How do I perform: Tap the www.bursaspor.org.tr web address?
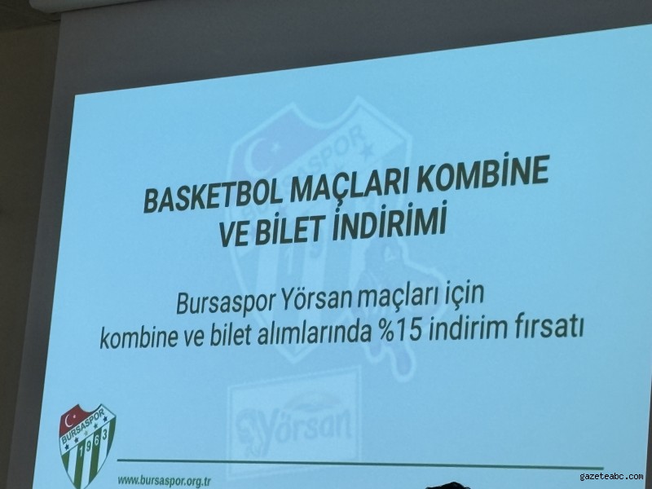(x=165, y=481)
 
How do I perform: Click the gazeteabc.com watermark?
(x=611, y=476)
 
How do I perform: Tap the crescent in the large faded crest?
(x=257, y=152)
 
